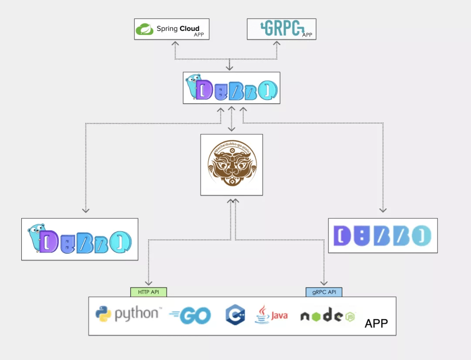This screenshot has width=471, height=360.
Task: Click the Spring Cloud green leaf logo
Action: click(x=144, y=29)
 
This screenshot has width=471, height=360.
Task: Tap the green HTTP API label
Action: click(x=148, y=292)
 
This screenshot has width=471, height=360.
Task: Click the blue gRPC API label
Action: click(x=324, y=292)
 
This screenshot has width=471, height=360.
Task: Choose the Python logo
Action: click(x=103, y=314)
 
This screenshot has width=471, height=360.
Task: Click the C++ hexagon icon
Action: click(x=235, y=314)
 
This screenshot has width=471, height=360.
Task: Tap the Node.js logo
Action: click(x=328, y=316)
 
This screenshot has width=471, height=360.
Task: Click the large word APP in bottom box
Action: click(x=376, y=323)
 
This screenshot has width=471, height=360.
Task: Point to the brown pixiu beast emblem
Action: click(x=232, y=164)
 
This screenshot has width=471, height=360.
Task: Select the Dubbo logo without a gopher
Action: click(x=382, y=236)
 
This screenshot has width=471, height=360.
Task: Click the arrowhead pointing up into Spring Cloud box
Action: click(x=175, y=43)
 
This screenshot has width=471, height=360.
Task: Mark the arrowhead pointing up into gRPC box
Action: click(x=276, y=43)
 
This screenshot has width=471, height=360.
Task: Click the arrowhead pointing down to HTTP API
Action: click(x=148, y=283)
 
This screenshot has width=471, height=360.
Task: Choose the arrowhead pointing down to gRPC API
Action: click(x=324, y=283)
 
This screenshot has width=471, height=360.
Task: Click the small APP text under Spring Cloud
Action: click(x=199, y=35)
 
